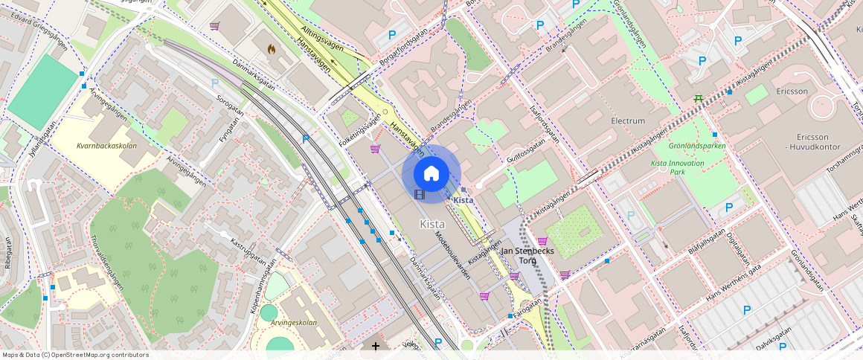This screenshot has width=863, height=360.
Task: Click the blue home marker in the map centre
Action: tap(431, 173)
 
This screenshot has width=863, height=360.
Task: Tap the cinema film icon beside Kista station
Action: tap(420, 195)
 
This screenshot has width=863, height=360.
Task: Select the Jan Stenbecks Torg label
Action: tap(528, 256)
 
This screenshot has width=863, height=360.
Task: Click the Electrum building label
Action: tap(627, 120)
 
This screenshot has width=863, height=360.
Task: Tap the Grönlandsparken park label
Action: tap(696, 147)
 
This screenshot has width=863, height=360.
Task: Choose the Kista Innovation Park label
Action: tap(677, 167)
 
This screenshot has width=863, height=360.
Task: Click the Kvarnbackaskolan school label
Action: tap(106, 146)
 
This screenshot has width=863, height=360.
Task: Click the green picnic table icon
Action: tap(699, 97)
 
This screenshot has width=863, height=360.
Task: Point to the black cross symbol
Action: tap(376, 346)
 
